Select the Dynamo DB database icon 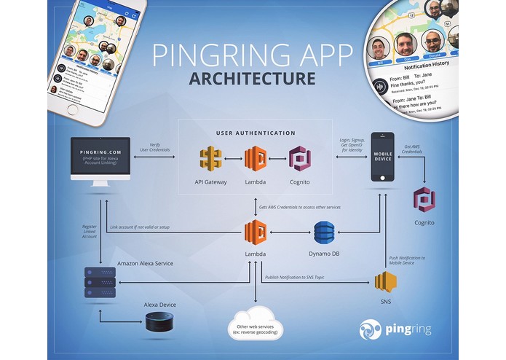[325, 232]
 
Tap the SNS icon [384, 282]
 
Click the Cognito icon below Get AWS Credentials [424, 200]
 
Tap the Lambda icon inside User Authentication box [255, 159]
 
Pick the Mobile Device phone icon [382, 159]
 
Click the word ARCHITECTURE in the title [253, 77]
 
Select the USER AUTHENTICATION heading [255, 133]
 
